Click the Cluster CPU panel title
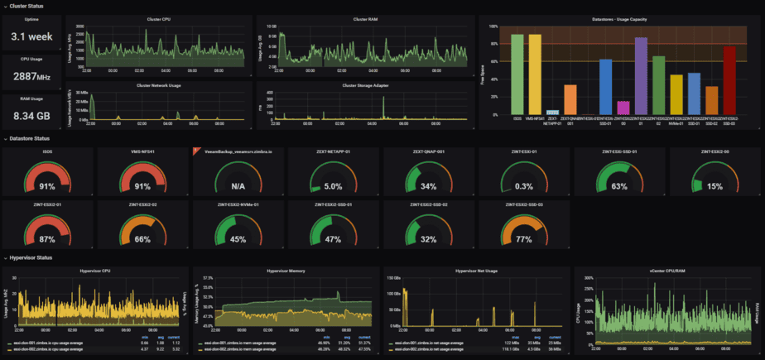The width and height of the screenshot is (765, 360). tap(158, 18)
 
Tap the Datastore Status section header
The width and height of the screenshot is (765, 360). tap(30, 138)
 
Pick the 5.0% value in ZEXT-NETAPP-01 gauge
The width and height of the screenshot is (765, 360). tap(333, 186)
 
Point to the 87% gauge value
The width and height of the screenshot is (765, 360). tap(46, 239)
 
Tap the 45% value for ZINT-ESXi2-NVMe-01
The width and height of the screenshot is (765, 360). tap(238, 239)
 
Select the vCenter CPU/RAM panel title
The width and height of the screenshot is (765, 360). tap(667, 271)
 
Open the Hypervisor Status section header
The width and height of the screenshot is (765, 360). tap(31, 258)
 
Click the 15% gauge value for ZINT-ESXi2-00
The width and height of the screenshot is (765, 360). tap(714, 186)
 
